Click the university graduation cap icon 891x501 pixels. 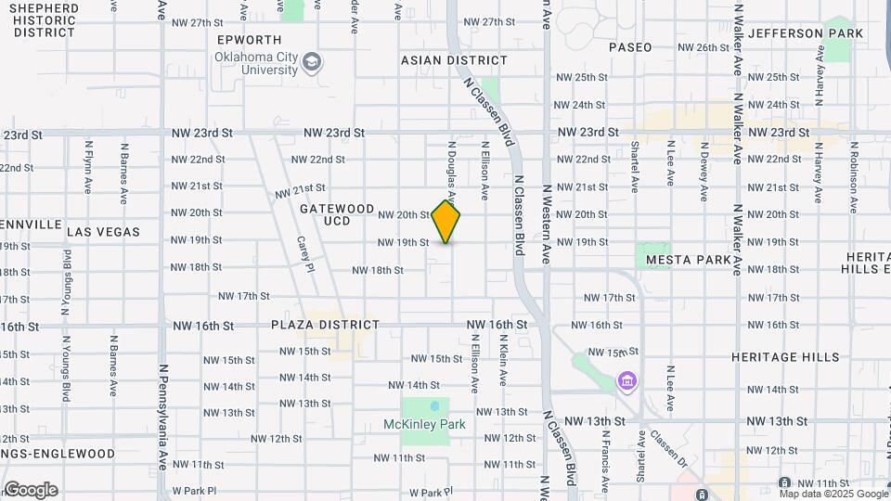click(312, 62)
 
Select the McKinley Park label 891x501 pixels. click(424, 424)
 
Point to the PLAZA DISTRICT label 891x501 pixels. click(326, 325)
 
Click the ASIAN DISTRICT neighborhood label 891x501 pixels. click(454, 60)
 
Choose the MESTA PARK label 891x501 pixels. click(689, 260)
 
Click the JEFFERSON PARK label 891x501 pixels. click(806, 33)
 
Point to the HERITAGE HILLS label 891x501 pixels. click(784, 357)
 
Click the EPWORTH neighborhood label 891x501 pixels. click(249, 40)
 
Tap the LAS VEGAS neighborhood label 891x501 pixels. click(103, 232)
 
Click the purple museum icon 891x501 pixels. click(626, 381)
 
